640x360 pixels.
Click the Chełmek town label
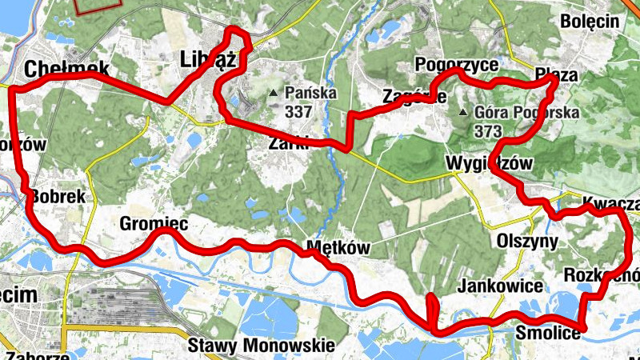(x=66, y=69)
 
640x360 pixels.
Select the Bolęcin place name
(x=590, y=22)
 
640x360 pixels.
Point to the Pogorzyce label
(x=457, y=64)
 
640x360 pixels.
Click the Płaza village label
(x=557, y=74)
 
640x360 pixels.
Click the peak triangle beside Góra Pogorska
(x=463, y=113)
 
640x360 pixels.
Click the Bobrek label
(x=57, y=196)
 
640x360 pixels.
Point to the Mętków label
(x=339, y=247)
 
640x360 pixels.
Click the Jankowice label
(x=502, y=286)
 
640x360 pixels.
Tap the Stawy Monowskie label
(x=261, y=346)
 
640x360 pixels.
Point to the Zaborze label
(x=34, y=354)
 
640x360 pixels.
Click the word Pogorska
(x=548, y=113)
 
